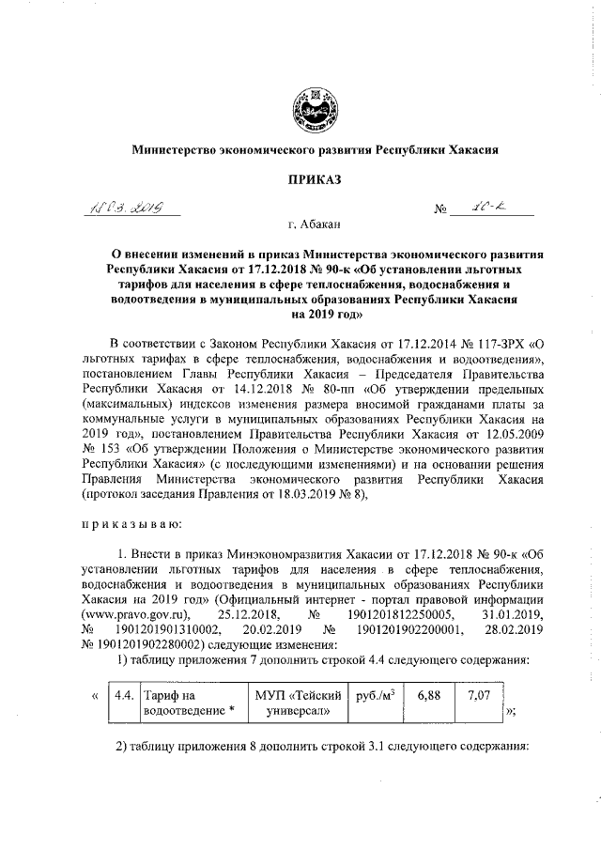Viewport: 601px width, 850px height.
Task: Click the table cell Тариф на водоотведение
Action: (x=188, y=703)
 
